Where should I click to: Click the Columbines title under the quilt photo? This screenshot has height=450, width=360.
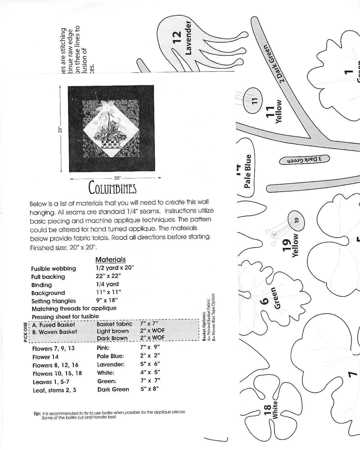[x=112, y=188]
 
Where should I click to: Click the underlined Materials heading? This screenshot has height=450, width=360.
[x=110, y=260]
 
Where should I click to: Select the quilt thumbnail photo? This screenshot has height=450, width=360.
[x=111, y=129]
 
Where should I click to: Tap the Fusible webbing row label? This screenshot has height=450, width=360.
[x=53, y=268]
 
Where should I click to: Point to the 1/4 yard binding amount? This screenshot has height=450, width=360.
[x=107, y=284]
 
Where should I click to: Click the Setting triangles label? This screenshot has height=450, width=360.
[x=53, y=301]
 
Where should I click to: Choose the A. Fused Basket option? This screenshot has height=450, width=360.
[x=53, y=325]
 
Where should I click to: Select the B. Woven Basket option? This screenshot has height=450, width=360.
[x=55, y=332]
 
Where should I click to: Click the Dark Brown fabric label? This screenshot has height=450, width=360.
[x=112, y=338]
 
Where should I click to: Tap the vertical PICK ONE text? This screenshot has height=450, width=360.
[x=26, y=332]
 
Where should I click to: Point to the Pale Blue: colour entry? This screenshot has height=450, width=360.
[x=110, y=356]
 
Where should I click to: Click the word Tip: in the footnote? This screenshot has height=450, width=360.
[x=37, y=413]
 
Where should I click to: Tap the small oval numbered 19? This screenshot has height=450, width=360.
[x=297, y=221]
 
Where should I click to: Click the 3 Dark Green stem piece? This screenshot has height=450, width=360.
[x=304, y=160]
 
